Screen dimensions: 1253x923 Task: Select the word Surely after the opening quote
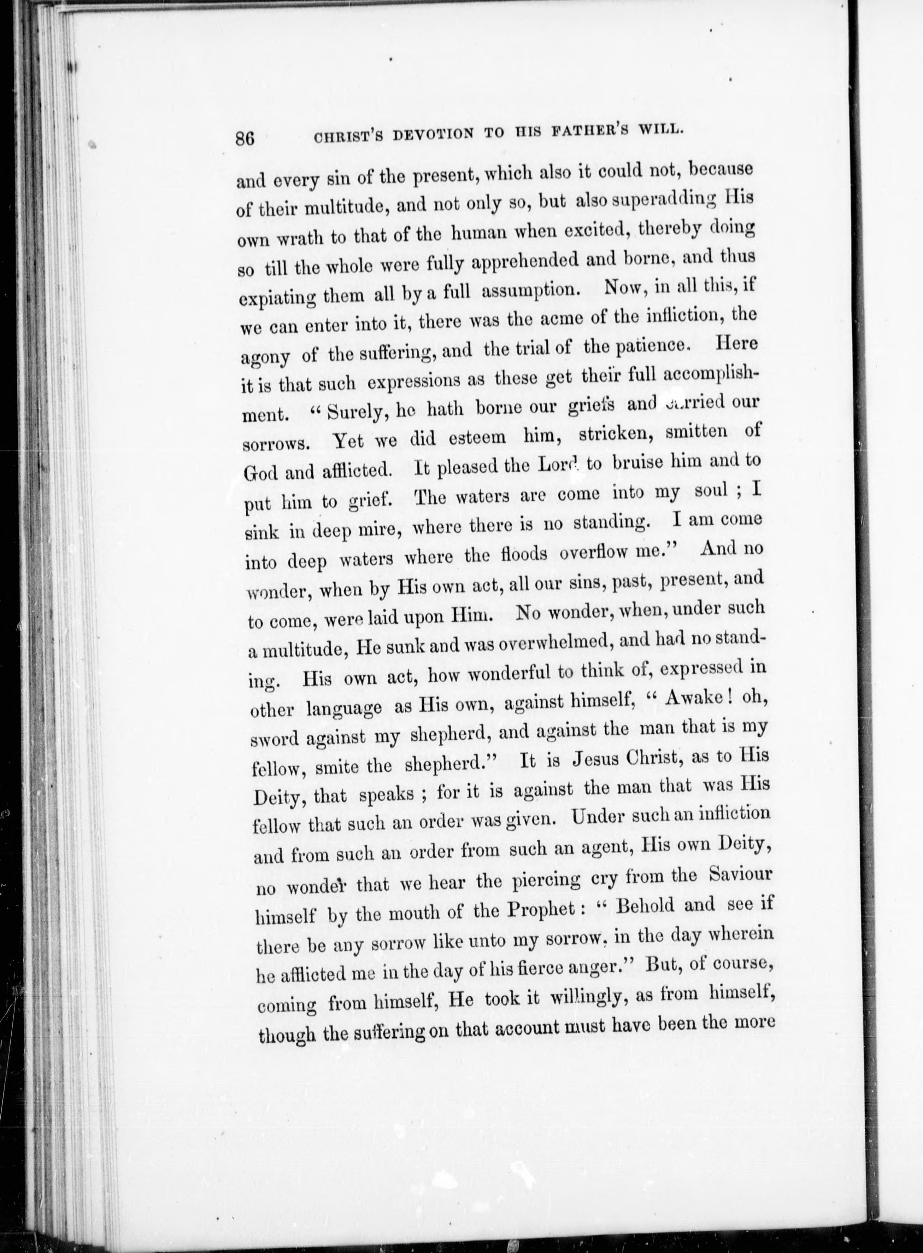click(354, 412)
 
